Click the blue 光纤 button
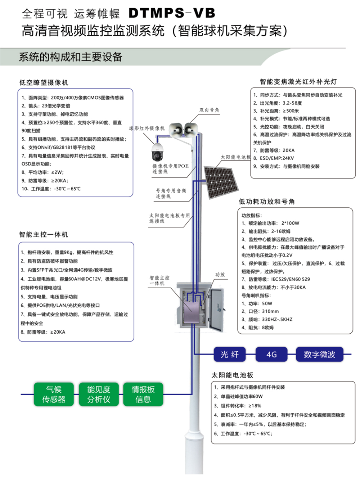tap(230, 355)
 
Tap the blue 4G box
tap(271, 355)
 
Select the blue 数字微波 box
tap(319, 355)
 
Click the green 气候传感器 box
tap(54, 394)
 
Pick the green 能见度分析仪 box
tap(99, 394)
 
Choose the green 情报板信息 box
tap(143, 394)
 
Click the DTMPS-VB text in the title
tap(172, 13)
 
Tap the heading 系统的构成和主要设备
tap(71, 57)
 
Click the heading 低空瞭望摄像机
tap(44, 82)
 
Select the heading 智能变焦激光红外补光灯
tap(298, 82)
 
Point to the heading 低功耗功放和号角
tap(266, 202)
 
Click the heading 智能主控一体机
tap(44, 235)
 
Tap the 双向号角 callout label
tap(209, 110)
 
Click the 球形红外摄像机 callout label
tap(147, 128)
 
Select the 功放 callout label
tap(220, 275)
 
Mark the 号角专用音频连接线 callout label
tap(171, 193)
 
